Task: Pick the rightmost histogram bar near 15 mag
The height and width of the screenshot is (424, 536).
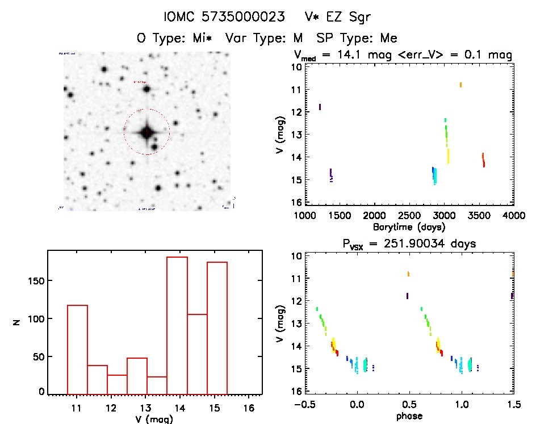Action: (217, 328)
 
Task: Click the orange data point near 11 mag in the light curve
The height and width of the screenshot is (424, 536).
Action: (460, 85)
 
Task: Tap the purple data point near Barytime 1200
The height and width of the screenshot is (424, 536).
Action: (320, 107)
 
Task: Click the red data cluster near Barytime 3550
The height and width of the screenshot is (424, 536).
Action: (483, 159)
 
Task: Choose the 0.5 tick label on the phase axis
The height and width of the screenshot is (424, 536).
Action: (409, 405)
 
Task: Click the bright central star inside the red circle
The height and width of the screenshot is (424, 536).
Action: (146, 132)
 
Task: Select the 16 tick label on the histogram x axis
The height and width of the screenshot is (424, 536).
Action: (248, 408)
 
